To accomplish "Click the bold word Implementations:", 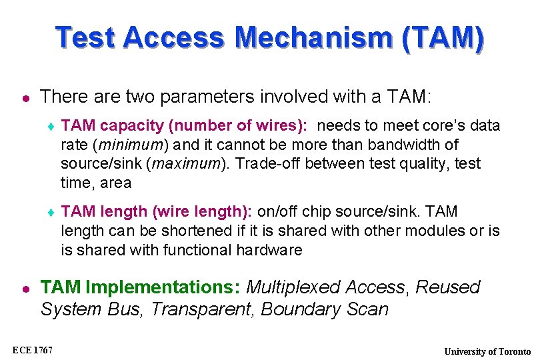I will point(163,287).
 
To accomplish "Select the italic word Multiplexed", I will point(292,287).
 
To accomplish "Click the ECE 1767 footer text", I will point(33,350).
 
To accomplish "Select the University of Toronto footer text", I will point(487,351).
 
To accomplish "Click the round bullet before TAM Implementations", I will point(25,288).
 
